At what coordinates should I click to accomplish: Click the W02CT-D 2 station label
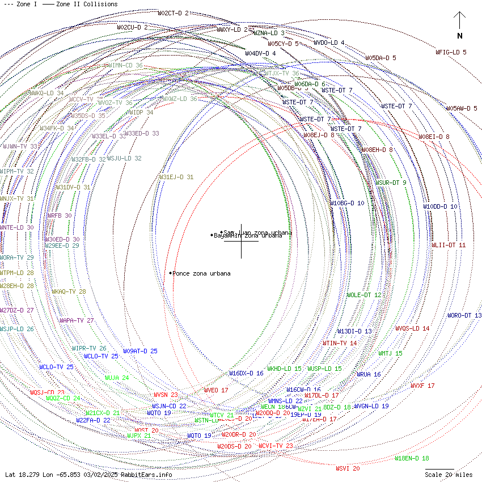coord(173,13)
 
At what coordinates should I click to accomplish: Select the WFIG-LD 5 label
coord(451,52)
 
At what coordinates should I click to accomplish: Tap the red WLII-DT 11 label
coord(449,245)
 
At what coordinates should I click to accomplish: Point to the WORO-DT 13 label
coord(464,315)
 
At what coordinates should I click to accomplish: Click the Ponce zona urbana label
coord(201,273)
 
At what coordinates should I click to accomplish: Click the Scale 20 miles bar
coord(439,469)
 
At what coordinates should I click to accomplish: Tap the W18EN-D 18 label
coord(412,458)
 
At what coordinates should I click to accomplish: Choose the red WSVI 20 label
coord(348,468)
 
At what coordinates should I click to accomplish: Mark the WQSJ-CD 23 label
coord(47,392)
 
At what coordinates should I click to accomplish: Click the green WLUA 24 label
coord(117,378)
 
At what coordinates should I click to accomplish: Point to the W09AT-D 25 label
coord(140,351)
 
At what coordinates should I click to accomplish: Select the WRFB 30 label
coord(59,215)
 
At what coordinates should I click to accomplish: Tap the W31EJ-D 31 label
coord(176,177)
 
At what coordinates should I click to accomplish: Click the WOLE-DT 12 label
coord(364,295)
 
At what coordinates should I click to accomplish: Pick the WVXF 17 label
coord(422,386)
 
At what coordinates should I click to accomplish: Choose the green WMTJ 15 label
coord(390,353)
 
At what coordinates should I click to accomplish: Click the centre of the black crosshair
coord(241,241)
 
